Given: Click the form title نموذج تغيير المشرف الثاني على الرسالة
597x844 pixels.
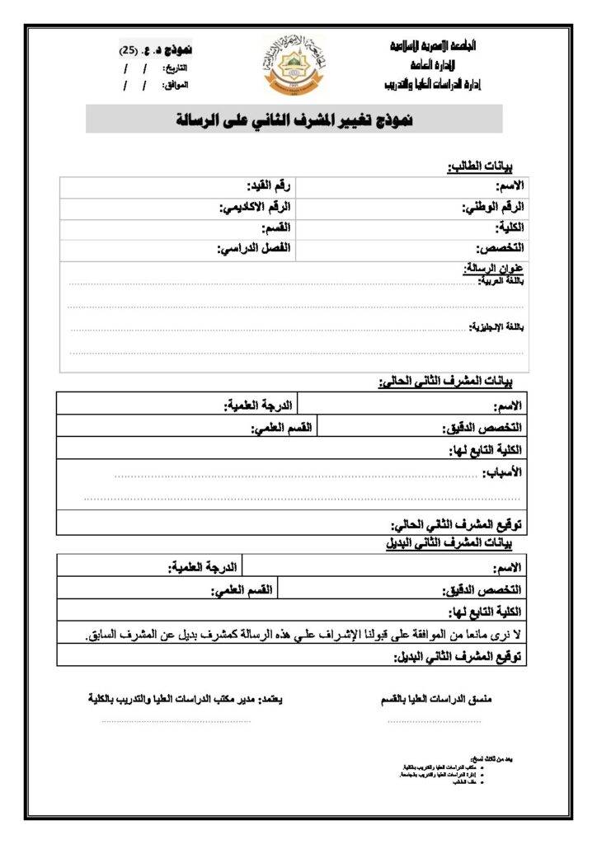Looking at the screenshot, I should pyautogui.click(x=294, y=120).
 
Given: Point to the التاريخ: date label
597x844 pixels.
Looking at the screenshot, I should pyautogui.click(x=176, y=67).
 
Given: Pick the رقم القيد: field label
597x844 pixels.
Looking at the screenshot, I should pyautogui.click(x=268, y=185).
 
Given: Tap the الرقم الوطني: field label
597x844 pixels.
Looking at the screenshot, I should pyautogui.click(x=494, y=207).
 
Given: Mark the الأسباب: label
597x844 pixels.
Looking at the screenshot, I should pyautogui.click(x=505, y=471).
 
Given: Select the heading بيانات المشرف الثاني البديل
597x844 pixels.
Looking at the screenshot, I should pyautogui.click(x=450, y=543).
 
